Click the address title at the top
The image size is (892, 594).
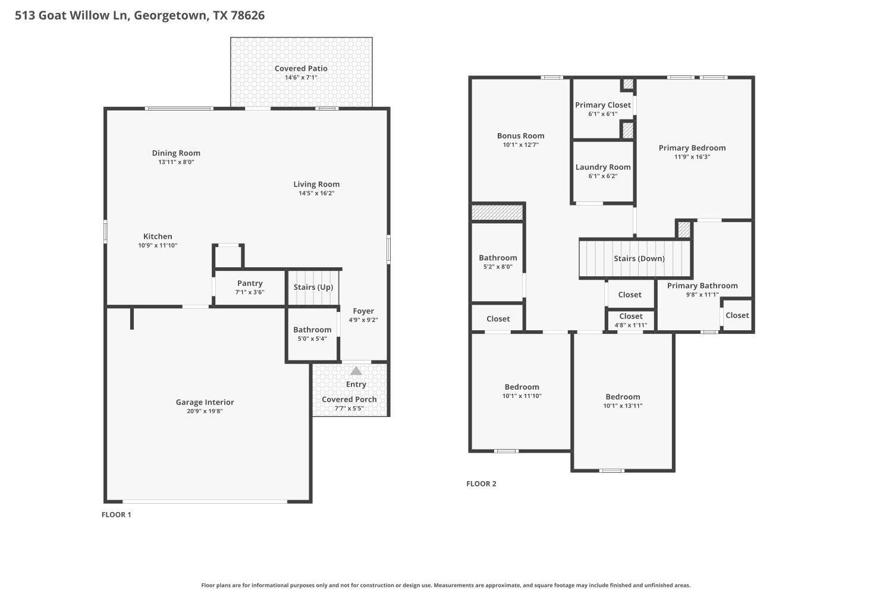(140, 15)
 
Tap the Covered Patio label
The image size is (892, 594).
(301, 68)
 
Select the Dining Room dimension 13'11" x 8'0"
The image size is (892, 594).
(176, 162)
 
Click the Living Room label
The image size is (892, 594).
(316, 184)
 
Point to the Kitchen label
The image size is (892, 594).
(158, 236)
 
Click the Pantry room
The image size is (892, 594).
(250, 288)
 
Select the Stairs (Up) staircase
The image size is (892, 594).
(313, 287)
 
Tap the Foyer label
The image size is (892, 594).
(363, 311)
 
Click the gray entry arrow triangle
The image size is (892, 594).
(356, 371)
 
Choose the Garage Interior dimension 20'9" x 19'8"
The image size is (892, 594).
(205, 411)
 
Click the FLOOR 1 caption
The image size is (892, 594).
(117, 514)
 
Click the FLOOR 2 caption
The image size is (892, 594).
(481, 484)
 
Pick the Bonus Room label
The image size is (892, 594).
(521, 135)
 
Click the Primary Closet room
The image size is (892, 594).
(602, 109)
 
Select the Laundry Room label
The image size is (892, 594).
(603, 167)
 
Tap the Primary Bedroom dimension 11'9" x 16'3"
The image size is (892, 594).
(692, 157)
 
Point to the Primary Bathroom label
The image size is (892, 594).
(702, 286)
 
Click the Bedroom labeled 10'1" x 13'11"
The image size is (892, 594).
(623, 401)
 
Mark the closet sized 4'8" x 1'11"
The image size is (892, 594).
(631, 320)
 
